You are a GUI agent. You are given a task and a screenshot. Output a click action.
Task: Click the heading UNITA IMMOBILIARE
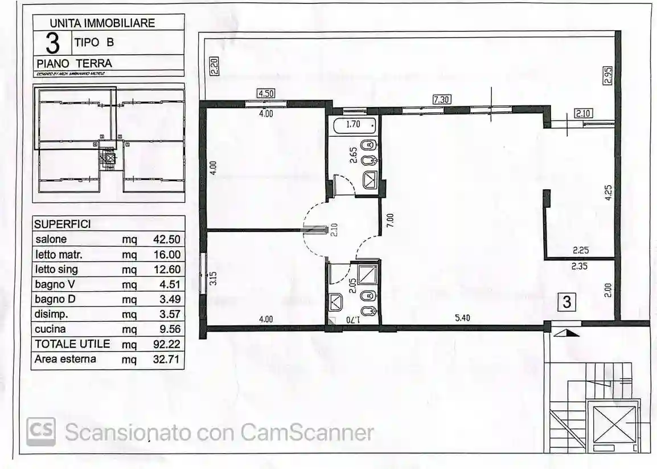102,23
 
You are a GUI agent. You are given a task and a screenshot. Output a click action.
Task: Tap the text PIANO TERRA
74,63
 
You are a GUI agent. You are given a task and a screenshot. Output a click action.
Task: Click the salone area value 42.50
166,240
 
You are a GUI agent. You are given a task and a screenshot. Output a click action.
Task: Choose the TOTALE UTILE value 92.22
166,344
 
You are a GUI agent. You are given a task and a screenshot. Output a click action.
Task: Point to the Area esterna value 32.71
166,359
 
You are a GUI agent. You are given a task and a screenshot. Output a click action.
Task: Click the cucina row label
50,329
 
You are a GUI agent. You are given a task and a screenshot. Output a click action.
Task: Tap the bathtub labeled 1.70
354,124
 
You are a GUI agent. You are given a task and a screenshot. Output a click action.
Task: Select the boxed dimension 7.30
442,99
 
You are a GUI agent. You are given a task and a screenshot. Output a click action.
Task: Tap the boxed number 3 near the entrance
567,302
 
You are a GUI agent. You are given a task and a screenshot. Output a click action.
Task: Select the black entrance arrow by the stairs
567,332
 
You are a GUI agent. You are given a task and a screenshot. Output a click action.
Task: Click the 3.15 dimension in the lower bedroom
213,279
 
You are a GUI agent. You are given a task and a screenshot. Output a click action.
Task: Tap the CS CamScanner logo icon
41,432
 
